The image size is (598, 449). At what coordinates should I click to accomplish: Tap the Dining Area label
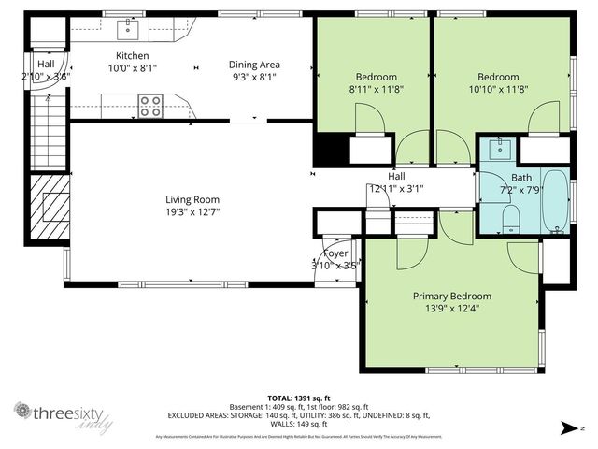(254, 65)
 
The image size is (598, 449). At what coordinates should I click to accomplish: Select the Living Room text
(192, 199)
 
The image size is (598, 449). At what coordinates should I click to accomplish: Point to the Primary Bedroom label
(452, 297)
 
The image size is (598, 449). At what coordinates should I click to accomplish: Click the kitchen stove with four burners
(150, 107)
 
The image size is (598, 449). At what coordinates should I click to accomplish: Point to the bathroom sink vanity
(500, 148)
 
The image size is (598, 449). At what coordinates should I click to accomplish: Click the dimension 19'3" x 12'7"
(192, 211)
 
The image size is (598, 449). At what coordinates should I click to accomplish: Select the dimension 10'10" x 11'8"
(498, 89)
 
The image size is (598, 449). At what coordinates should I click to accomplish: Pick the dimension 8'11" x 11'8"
(377, 89)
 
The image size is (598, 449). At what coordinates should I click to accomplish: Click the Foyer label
(335, 253)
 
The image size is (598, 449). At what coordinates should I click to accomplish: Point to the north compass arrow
(563, 428)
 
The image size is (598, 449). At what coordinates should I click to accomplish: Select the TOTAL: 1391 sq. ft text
(299, 398)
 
